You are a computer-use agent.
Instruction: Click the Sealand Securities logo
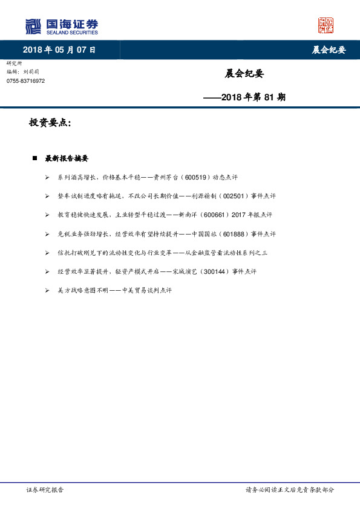pyautogui.click(x=61, y=26)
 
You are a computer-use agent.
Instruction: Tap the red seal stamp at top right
pyautogui.click(x=326, y=25)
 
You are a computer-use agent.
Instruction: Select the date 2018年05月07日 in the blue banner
pyautogui.click(x=59, y=50)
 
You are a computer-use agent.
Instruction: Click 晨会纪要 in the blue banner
pyautogui.click(x=329, y=50)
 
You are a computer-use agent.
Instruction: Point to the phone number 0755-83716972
pyautogui.click(x=25, y=81)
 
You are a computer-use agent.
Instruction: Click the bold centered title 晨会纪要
pyautogui.click(x=244, y=74)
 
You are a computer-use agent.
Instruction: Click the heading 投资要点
pyautogui.click(x=50, y=123)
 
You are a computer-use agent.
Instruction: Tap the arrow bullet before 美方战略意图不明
pyautogui.click(x=48, y=290)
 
